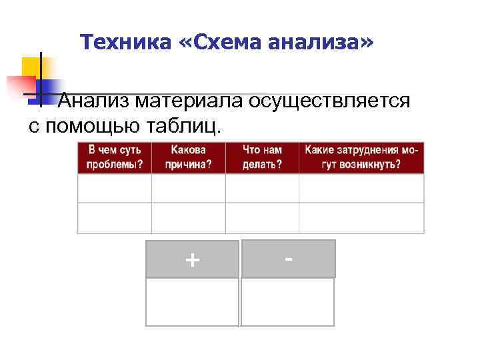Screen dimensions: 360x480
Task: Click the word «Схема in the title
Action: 219,43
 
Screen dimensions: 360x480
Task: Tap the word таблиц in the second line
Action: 193,125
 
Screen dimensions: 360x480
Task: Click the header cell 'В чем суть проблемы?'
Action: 115,157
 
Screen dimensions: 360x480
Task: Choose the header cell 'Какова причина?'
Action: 189,157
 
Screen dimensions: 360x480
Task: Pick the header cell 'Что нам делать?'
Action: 262,157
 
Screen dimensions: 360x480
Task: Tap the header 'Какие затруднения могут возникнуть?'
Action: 361,157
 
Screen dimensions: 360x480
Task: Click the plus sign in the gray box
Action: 192,259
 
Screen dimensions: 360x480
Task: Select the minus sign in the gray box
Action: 288,258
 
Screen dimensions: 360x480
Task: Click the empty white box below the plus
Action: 192,302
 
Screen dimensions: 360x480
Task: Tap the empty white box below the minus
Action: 287,302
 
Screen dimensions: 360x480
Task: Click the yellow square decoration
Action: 31,67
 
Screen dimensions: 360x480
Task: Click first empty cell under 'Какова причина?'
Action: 189,188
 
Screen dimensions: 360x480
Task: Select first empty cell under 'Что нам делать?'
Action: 262,188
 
